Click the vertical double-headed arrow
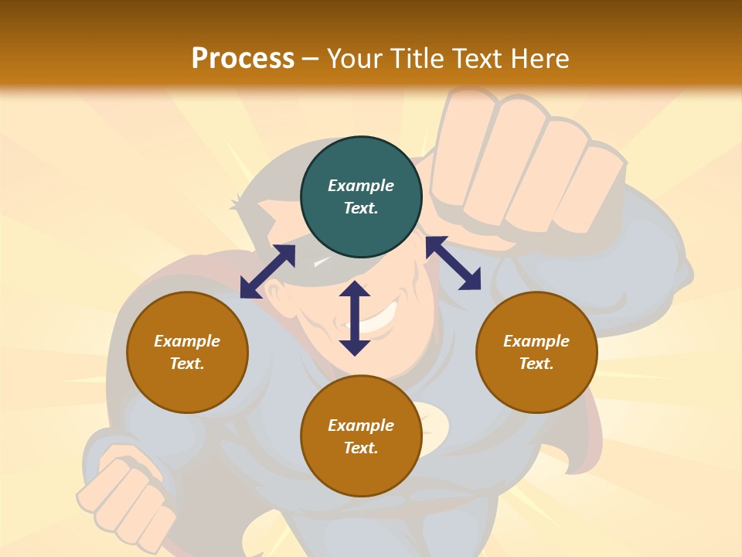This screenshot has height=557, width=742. tap(355, 318)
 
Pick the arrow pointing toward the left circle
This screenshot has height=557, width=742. tap(267, 272)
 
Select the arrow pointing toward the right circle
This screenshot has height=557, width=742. tap(453, 263)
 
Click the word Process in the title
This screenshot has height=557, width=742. tap(243, 58)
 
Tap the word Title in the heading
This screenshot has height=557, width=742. tap(416, 58)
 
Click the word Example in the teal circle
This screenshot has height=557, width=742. tap(361, 186)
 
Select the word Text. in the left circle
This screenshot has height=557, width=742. tap(187, 364)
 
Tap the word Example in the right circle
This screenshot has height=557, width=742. tap(536, 341)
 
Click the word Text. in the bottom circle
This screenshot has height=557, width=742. tap(361, 448)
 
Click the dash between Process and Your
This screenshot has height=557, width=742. tap(311, 59)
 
